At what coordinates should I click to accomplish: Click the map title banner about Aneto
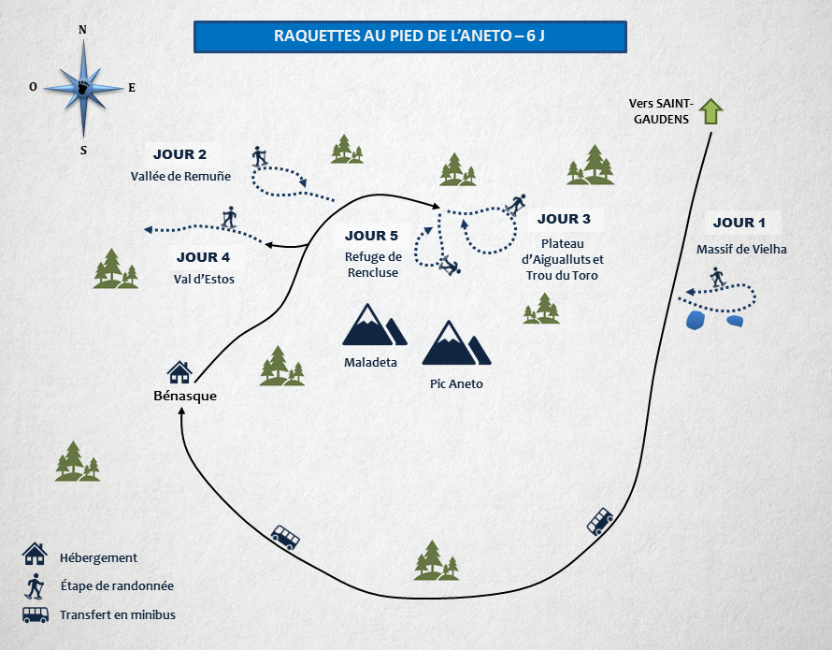(409, 36)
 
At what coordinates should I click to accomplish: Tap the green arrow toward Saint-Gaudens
(712, 111)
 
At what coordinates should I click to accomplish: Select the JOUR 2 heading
(179, 154)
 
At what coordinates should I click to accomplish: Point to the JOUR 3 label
(564, 219)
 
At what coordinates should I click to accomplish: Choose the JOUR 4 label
(203, 257)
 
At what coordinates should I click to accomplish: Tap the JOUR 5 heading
(372, 236)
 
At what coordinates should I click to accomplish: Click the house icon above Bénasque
(179, 373)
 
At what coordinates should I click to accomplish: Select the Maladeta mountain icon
(373, 325)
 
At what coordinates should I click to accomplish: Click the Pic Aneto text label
(456, 383)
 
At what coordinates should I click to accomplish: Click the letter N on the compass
(83, 30)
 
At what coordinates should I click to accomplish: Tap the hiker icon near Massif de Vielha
(717, 277)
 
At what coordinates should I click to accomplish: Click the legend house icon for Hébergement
(35, 554)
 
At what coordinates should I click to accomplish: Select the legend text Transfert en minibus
(117, 614)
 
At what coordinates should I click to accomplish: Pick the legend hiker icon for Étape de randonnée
(35, 586)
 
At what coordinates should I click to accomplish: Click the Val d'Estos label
(204, 278)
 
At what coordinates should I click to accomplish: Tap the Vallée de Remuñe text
(180, 175)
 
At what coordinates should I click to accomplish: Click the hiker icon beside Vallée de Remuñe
(260, 156)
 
